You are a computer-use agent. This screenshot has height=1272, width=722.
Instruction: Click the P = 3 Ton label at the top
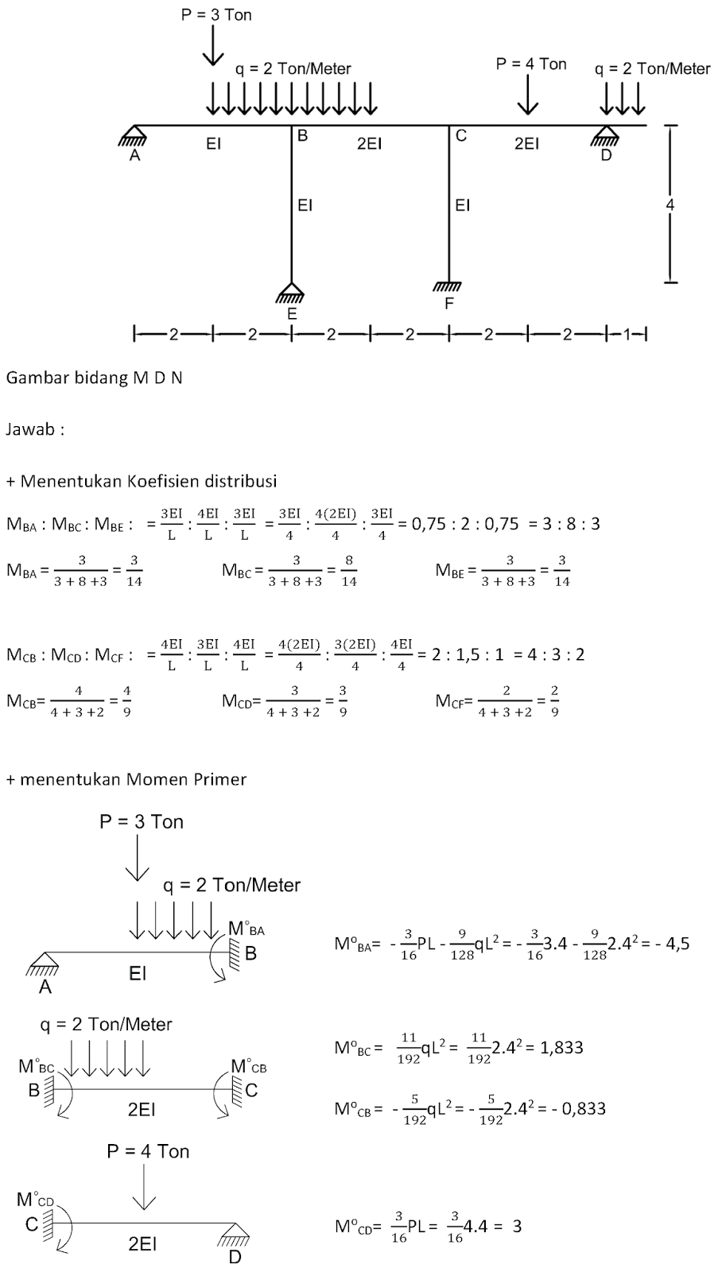click(215, 14)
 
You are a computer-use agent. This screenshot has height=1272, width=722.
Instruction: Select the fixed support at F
click(448, 286)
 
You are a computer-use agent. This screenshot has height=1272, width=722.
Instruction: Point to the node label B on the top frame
click(302, 136)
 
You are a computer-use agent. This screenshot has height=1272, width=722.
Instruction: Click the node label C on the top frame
click(460, 136)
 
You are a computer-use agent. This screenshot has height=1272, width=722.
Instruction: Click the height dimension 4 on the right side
click(670, 205)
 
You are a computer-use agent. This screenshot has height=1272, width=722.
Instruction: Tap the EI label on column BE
click(305, 205)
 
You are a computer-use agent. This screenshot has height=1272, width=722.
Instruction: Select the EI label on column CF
click(463, 205)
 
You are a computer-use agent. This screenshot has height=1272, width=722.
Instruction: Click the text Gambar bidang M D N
click(94, 378)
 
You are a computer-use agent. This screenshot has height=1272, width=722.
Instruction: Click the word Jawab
click(34, 429)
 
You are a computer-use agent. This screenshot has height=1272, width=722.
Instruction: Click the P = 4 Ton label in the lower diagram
click(148, 1150)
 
